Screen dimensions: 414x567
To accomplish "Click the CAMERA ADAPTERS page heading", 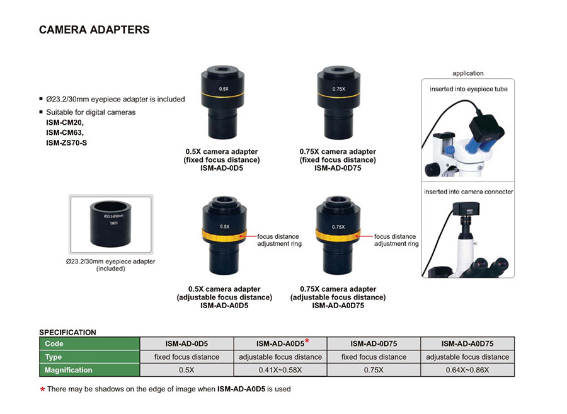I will [94, 30].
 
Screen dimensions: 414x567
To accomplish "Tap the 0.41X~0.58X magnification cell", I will [280, 370].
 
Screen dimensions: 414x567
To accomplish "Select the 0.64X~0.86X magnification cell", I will [467, 370].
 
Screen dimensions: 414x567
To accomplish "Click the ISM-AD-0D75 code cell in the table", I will [374, 344].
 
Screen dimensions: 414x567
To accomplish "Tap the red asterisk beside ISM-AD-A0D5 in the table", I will [307, 341].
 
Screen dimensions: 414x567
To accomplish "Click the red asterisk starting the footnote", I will [42, 390].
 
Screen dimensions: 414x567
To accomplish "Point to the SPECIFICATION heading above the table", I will [67, 332].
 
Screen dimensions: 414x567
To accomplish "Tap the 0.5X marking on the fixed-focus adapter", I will [224, 89].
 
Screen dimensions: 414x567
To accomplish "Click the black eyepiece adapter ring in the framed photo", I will [110, 226].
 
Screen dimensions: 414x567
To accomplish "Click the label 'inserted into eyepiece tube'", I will [468, 89].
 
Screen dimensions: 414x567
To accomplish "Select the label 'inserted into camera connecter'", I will [468, 192].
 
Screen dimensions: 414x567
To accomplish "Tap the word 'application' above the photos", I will [468, 74].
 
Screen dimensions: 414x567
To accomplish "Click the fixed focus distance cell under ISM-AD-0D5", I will [187, 357].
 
